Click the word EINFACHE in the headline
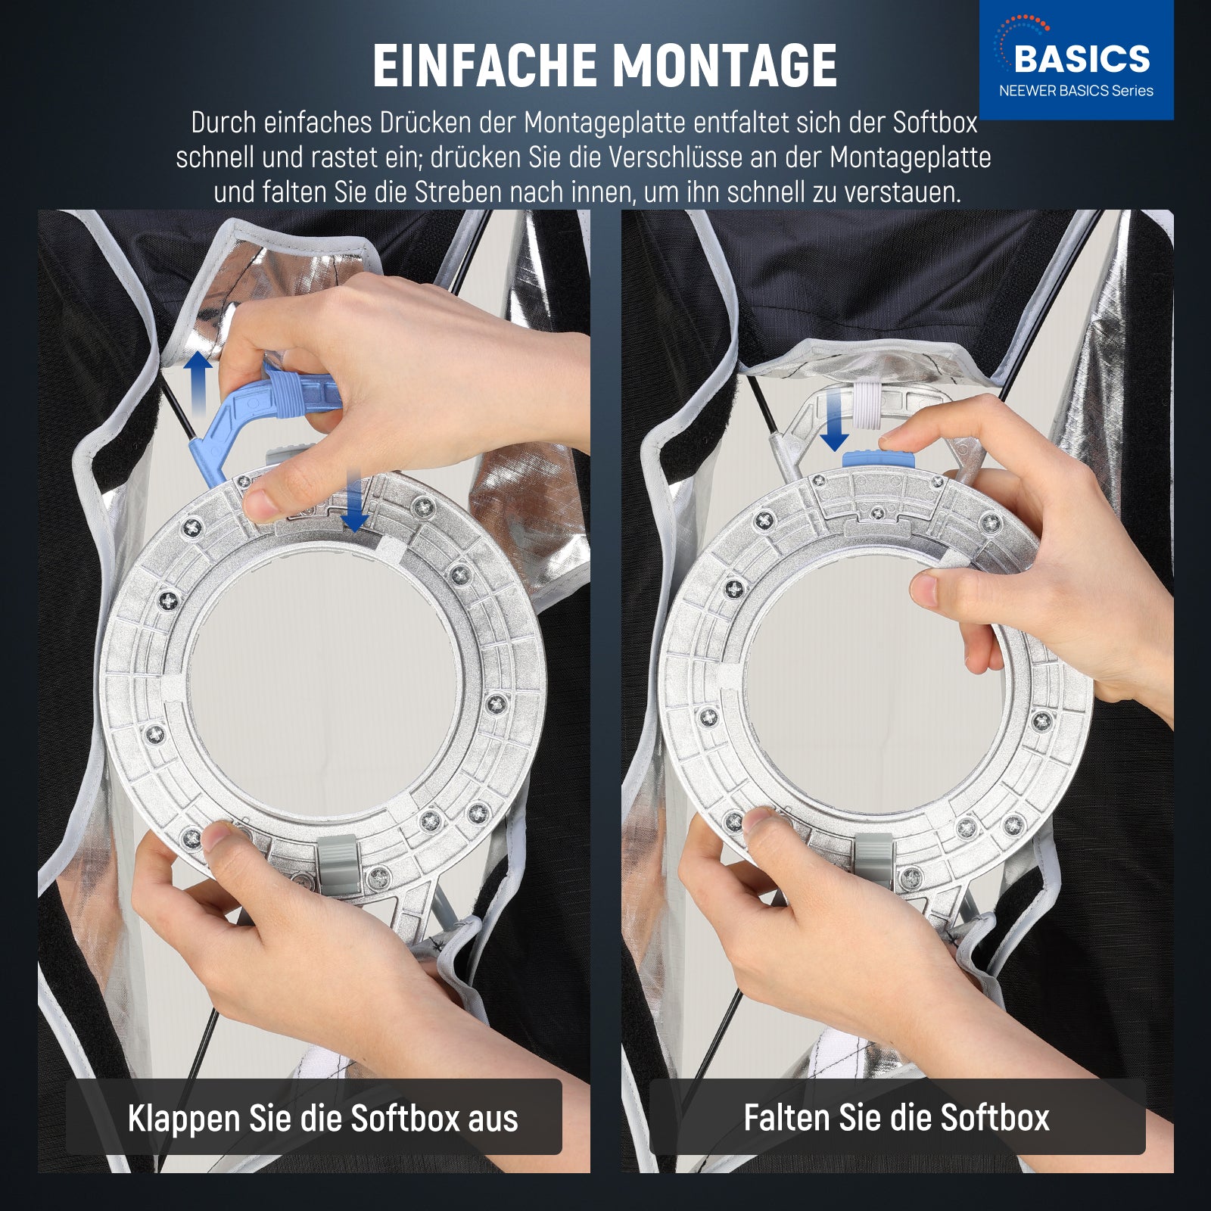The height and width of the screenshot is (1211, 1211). [x=486, y=66]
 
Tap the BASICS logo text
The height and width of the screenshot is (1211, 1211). [x=1082, y=59]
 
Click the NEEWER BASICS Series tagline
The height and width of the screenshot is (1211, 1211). [x=1076, y=91]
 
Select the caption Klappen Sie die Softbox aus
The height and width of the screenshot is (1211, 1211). [x=323, y=1119]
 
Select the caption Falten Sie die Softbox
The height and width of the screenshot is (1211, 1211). [x=896, y=1118]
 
